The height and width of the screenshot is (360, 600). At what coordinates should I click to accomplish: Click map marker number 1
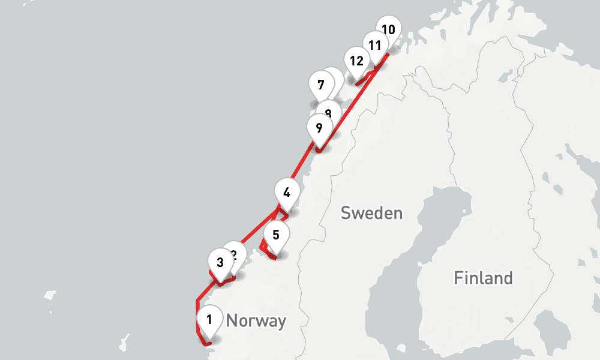[x=209, y=320]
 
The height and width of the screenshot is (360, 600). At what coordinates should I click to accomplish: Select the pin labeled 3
[x=220, y=262]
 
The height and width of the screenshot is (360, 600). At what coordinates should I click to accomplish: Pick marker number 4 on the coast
[x=287, y=193]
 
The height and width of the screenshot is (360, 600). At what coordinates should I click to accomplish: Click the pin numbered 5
[x=275, y=235]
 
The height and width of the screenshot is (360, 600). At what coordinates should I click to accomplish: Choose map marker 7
[x=321, y=85]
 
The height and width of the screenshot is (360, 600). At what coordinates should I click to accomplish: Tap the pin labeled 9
[x=319, y=128]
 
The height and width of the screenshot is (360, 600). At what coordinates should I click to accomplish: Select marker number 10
[x=389, y=28]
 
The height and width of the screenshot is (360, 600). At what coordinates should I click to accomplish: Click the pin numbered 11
[x=375, y=45]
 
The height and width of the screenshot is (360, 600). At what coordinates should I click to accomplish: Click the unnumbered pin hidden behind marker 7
[x=334, y=79]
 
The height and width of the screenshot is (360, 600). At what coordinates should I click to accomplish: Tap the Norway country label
[x=256, y=321]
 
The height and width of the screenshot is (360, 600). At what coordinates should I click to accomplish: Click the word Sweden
[x=371, y=213]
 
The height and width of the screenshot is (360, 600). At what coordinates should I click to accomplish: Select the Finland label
[x=483, y=278]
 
